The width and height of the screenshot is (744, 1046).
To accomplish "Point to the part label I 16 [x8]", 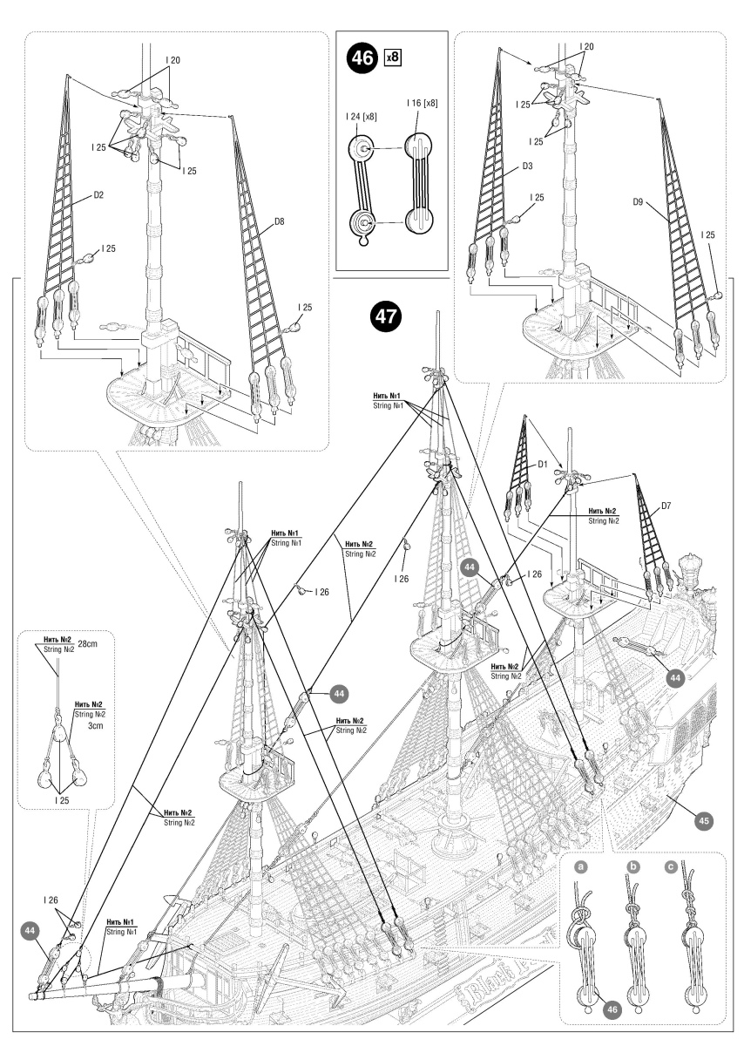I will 422,104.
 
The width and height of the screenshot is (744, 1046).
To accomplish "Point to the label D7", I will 666,506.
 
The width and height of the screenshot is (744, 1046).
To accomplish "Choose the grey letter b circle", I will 633,867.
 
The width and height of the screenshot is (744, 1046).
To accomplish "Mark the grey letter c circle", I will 693,867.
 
